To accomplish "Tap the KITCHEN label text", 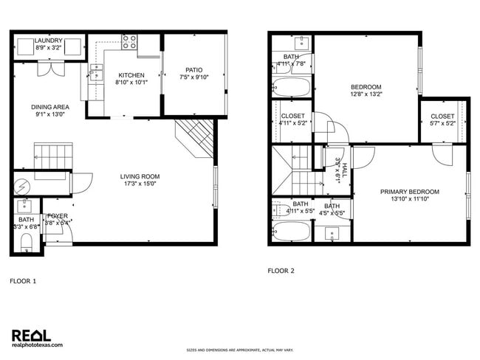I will pyautogui.click(x=131, y=75).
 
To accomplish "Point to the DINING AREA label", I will pyautogui.click(x=49, y=106).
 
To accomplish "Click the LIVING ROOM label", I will pyautogui.click(x=140, y=176).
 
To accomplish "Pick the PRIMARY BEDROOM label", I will pyautogui.click(x=410, y=192).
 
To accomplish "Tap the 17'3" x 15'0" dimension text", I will pyautogui.click(x=140, y=184).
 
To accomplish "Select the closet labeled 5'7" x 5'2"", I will pyautogui.click(x=442, y=120).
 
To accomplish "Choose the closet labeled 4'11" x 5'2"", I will pyautogui.click(x=293, y=120).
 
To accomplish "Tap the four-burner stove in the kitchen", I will pyautogui.click(x=129, y=42).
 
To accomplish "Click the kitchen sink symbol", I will pyautogui.click(x=95, y=72).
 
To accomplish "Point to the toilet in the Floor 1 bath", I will pyautogui.click(x=26, y=243).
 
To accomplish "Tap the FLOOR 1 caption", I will pyautogui.click(x=22, y=281).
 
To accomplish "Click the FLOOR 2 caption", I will pyautogui.click(x=281, y=271).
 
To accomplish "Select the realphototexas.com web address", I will pyautogui.click(x=38, y=345).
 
